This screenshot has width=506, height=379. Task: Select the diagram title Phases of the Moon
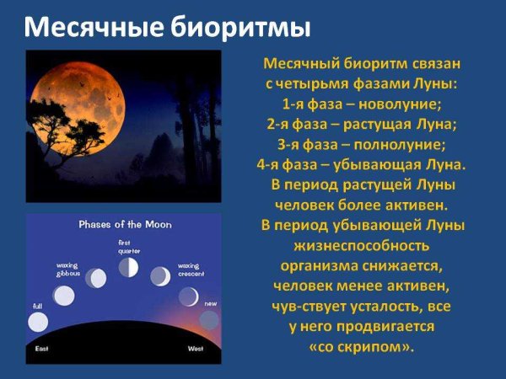pyautogui.click(x=122, y=225)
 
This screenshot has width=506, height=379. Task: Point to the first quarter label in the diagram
pyautogui.click(x=128, y=247)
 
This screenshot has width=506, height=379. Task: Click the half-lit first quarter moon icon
pyautogui.click(x=128, y=268)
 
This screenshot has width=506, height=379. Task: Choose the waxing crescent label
pyautogui.click(x=188, y=269)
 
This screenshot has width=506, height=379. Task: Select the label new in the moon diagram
pyautogui.click(x=211, y=303)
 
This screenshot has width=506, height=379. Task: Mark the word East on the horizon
pyautogui.click(x=42, y=348)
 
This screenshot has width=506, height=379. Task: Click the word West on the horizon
pyautogui.click(x=194, y=348)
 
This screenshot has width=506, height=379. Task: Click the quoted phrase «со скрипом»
pyautogui.click(x=362, y=346)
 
